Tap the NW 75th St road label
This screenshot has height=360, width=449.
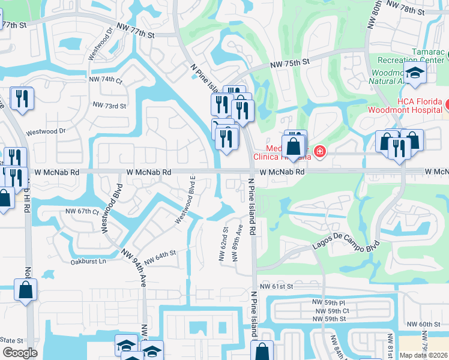(x=289, y=62)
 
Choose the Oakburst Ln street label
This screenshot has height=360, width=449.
(x=88, y=262)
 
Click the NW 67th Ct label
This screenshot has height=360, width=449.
(x=81, y=211)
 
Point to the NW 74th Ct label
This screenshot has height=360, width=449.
(x=105, y=80)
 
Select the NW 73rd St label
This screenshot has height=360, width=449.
(x=109, y=105)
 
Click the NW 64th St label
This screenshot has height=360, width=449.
(x=160, y=254)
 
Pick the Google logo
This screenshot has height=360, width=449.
(x=20, y=353)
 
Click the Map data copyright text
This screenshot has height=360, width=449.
(x=423, y=355)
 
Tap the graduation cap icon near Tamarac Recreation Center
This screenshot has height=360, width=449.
(x=414, y=73)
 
